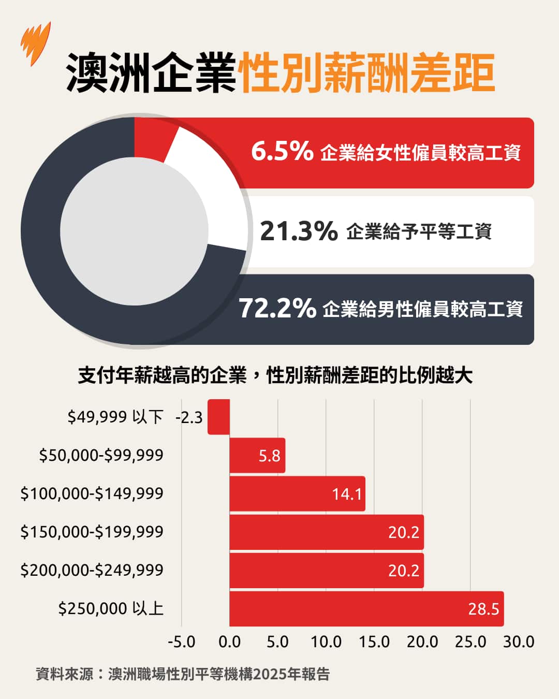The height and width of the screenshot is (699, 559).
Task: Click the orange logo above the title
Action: click(36, 43)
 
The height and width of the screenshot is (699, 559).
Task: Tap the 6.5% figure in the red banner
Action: click(282, 151)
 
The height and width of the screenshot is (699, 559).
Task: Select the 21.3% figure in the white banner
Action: click(299, 231)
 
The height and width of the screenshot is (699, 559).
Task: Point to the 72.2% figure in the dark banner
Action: click(277, 308)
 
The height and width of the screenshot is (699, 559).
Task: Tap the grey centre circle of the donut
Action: click(134, 231)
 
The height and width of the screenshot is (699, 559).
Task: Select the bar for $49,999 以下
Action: click(218, 417)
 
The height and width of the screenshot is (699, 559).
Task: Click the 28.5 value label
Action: click(483, 609)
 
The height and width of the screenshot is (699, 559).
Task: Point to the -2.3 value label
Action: click(189, 417)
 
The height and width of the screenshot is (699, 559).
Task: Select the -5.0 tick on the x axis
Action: click(182, 642)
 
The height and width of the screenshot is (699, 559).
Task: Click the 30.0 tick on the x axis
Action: click(519, 642)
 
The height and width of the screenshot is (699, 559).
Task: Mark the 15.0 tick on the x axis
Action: click(374, 642)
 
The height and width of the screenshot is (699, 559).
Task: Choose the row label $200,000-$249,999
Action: click(92, 570)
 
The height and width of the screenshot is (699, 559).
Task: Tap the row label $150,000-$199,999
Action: click(92, 532)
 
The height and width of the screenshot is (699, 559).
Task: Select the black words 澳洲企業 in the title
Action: click(151, 72)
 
